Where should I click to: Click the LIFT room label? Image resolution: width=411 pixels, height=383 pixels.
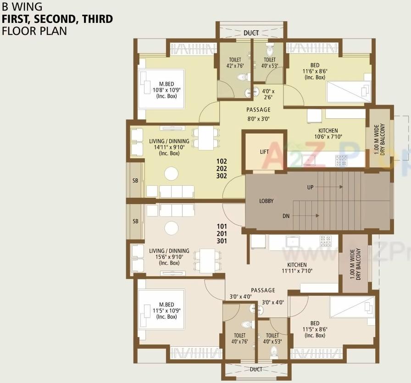click(264, 152)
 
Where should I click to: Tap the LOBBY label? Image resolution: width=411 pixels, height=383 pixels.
click(267, 201)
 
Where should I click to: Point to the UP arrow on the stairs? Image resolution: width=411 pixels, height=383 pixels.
click(330, 187)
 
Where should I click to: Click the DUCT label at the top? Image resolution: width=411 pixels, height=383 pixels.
click(251, 33)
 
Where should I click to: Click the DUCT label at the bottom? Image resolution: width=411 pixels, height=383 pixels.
click(256, 368)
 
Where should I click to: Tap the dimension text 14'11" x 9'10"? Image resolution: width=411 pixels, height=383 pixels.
click(169, 147)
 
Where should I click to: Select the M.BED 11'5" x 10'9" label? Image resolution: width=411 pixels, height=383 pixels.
click(167, 311)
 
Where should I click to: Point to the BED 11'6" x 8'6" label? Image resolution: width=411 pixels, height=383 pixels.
click(314, 71)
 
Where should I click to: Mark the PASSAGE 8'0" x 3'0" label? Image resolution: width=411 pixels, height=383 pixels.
click(258, 113)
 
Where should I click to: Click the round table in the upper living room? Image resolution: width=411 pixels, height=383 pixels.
click(172, 173)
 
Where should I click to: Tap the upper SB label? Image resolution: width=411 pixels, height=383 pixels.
click(135, 181)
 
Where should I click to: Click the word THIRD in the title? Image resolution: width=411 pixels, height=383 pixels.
click(95, 19)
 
